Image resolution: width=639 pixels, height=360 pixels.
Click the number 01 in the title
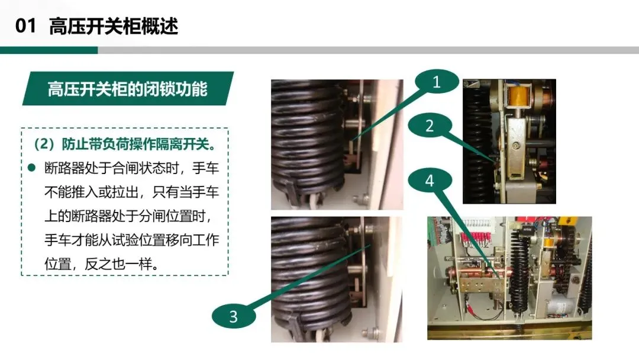(x=25, y=25)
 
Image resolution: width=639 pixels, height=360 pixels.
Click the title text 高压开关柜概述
(x=113, y=26)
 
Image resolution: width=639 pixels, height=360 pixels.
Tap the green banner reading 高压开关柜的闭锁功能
(x=128, y=88)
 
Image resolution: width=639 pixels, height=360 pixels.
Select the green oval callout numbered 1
(x=437, y=82)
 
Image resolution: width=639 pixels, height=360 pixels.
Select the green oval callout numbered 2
(x=430, y=126)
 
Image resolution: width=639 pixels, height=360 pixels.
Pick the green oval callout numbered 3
(x=234, y=316)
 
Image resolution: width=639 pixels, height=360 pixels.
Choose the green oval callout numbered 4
(x=430, y=180)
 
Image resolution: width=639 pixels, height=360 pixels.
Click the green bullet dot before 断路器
(x=32, y=168)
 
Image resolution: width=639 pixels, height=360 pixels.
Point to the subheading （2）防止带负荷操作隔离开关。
(x=125, y=144)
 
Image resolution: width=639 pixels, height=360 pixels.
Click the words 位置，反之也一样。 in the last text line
(x=102, y=263)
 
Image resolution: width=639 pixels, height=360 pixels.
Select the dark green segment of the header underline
(x=49, y=50)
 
